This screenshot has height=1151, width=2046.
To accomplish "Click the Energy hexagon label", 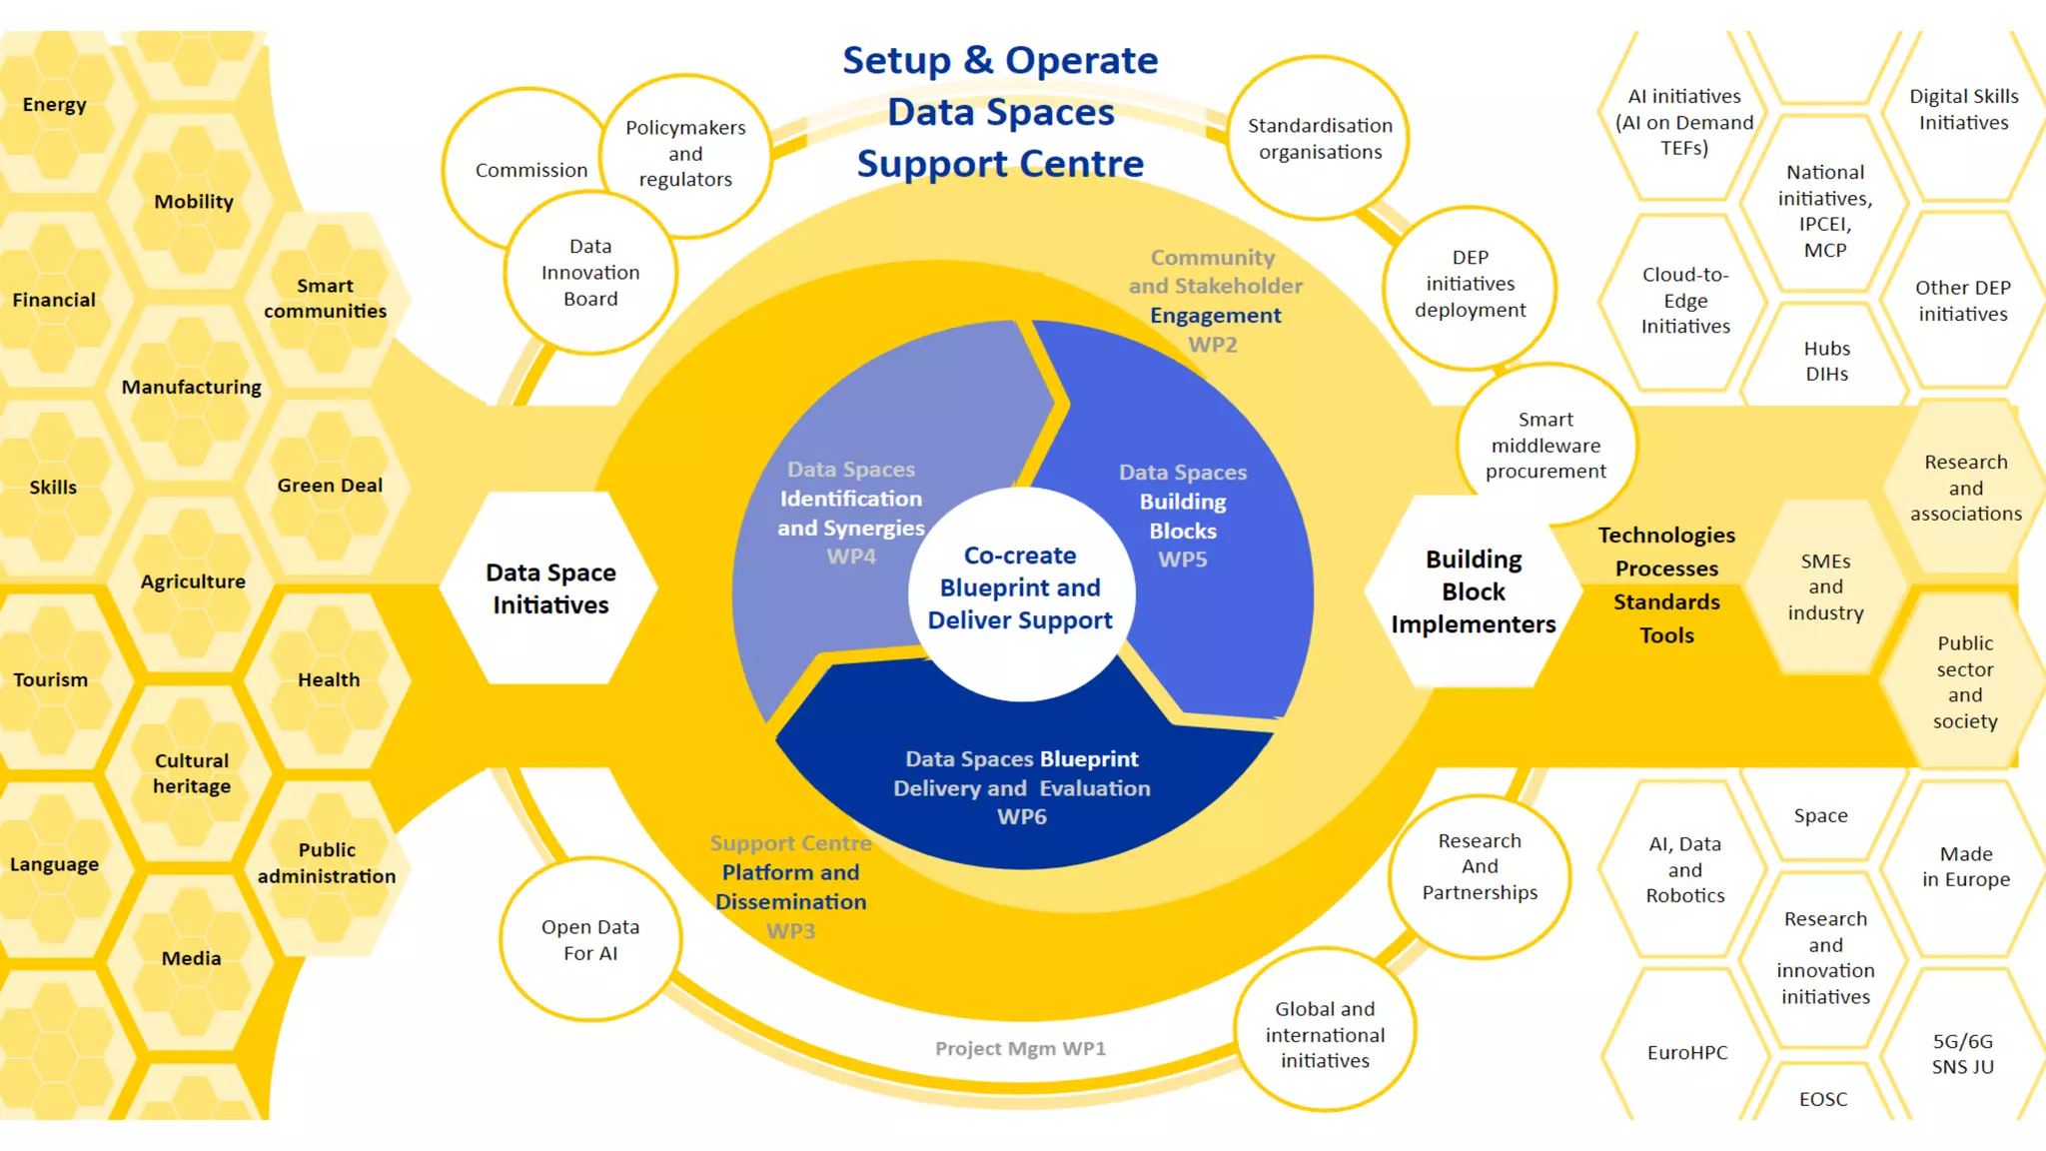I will [x=55, y=105].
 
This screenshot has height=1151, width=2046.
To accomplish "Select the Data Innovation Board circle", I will [x=590, y=273].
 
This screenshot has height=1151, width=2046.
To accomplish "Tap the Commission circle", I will [x=530, y=170].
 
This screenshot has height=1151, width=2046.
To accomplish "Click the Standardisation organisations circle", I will [x=1320, y=139].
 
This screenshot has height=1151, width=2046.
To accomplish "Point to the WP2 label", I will [x=1213, y=345].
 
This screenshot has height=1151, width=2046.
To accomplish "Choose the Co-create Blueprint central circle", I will [x=1020, y=588].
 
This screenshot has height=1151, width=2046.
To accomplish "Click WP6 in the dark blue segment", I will [x=1022, y=816].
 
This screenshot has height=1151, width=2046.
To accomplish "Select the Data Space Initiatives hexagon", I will [x=550, y=588].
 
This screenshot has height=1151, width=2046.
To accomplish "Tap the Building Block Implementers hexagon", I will [x=1474, y=591].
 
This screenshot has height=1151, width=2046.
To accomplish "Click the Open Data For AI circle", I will [x=590, y=940].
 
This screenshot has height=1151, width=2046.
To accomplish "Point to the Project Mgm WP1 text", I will [x=1020, y=1048].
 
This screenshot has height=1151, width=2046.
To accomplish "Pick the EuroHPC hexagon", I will [x=1686, y=1052].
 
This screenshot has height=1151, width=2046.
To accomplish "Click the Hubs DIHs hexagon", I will [x=1826, y=361].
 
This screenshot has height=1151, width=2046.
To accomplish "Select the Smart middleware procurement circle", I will [x=1545, y=446].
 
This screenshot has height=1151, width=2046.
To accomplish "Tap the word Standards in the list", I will [x=1666, y=601].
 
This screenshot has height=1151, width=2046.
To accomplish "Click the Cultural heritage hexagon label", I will [x=192, y=773].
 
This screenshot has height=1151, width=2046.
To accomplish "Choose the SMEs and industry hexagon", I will [x=1825, y=587].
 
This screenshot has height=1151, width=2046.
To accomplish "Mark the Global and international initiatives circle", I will [x=1325, y=1035].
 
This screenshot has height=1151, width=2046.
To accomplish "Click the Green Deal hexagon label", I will [x=330, y=486].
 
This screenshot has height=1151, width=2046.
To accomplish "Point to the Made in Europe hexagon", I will [x=1965, y=866].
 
